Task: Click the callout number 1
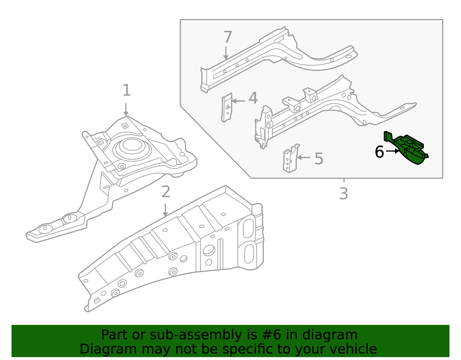click(x=126, y=91)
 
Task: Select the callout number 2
click(x=166, y=192)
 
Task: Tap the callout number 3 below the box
click(x=343, y=194)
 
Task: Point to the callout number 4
click(x=253, y=98)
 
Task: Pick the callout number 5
click(x=319, y=159)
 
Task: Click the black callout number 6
click(x=379, y=152)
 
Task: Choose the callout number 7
click(x=228, y=37)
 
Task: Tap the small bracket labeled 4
click(x=227, y=107)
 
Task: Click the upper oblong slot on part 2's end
click(x=248, y=228)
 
